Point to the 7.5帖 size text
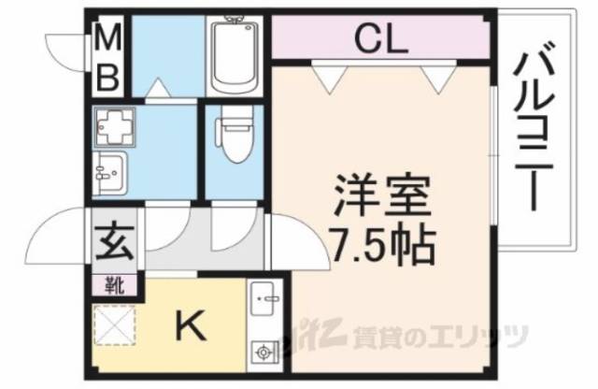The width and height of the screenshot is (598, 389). pos(383,245)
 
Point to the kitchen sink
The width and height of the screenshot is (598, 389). pos(264,301)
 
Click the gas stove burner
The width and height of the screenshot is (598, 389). pos(264,353)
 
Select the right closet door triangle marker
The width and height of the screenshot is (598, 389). pos(434,79)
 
